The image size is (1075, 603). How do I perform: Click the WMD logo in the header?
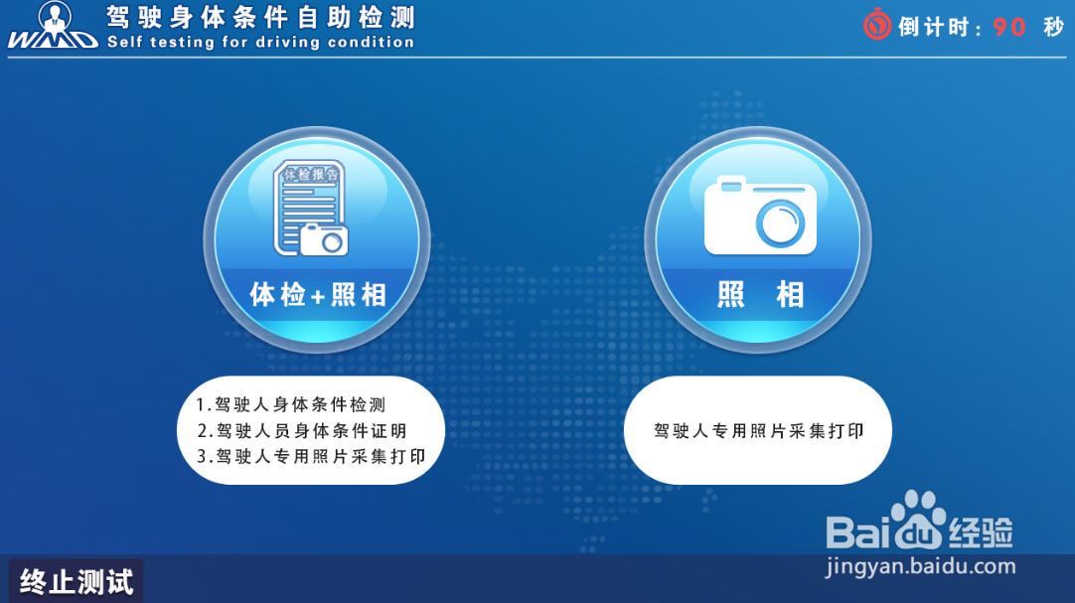click(52, 26)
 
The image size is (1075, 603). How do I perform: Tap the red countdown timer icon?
click(877, 25)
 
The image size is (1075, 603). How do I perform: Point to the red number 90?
click(1009, 27)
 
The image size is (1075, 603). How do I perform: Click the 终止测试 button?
click(77, 581)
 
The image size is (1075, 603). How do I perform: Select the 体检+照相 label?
click(318, 295)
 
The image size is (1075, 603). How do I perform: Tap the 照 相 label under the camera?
click(759, 295)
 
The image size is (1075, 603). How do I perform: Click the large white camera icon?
click(760, 216)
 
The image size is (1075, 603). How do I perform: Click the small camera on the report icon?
click(324, 238)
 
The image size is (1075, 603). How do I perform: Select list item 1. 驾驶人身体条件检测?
click(290, 404)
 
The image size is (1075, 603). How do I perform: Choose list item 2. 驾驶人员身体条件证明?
click(302, 431)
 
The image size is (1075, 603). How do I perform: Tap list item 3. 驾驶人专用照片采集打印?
click(311, 457)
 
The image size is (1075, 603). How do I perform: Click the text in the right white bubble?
click(758, 431)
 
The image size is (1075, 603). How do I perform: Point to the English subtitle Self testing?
click(260, 43)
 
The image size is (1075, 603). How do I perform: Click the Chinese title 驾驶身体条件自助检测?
click(260, 17)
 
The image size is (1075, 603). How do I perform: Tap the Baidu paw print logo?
click(918, 517)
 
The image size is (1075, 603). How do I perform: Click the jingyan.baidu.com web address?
click(921, 567)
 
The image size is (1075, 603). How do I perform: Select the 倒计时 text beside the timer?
click(934, 27)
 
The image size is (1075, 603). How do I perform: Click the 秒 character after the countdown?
click(1053, 27)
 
